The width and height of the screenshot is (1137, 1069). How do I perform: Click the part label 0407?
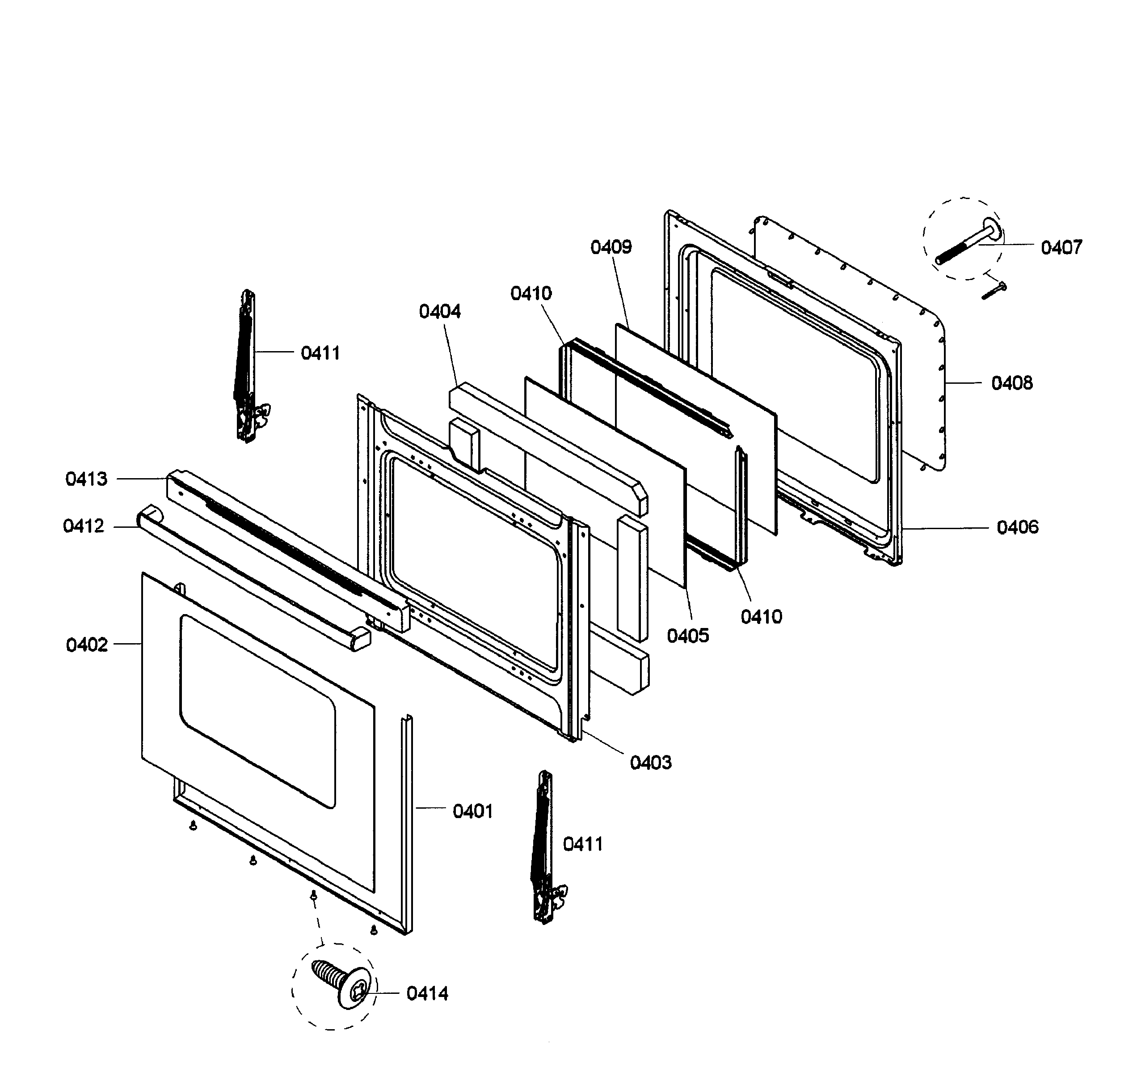(1061, 247)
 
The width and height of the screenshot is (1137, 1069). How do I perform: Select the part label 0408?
(1012, 383)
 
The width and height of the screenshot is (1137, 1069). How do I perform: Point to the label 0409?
(611, 247)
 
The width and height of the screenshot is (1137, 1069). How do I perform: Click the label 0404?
(439, 311)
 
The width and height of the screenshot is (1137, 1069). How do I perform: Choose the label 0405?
(687, 635)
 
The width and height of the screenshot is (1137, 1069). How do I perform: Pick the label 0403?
(650, 762)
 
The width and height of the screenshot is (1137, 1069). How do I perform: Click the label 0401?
(472, 811)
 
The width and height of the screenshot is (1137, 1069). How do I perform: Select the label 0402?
(86, 645)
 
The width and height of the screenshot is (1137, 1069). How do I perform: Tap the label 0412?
(84, 526)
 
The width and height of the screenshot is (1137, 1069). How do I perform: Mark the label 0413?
(86, 479)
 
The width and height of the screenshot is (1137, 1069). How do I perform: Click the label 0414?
(427, 993)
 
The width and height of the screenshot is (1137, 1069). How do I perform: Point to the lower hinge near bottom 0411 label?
(544, 847)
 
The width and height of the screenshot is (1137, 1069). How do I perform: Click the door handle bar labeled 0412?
(252, 578)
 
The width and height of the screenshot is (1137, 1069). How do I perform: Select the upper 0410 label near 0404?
(531, 293)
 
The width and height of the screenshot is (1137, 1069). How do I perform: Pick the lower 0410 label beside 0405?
(761, 616)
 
